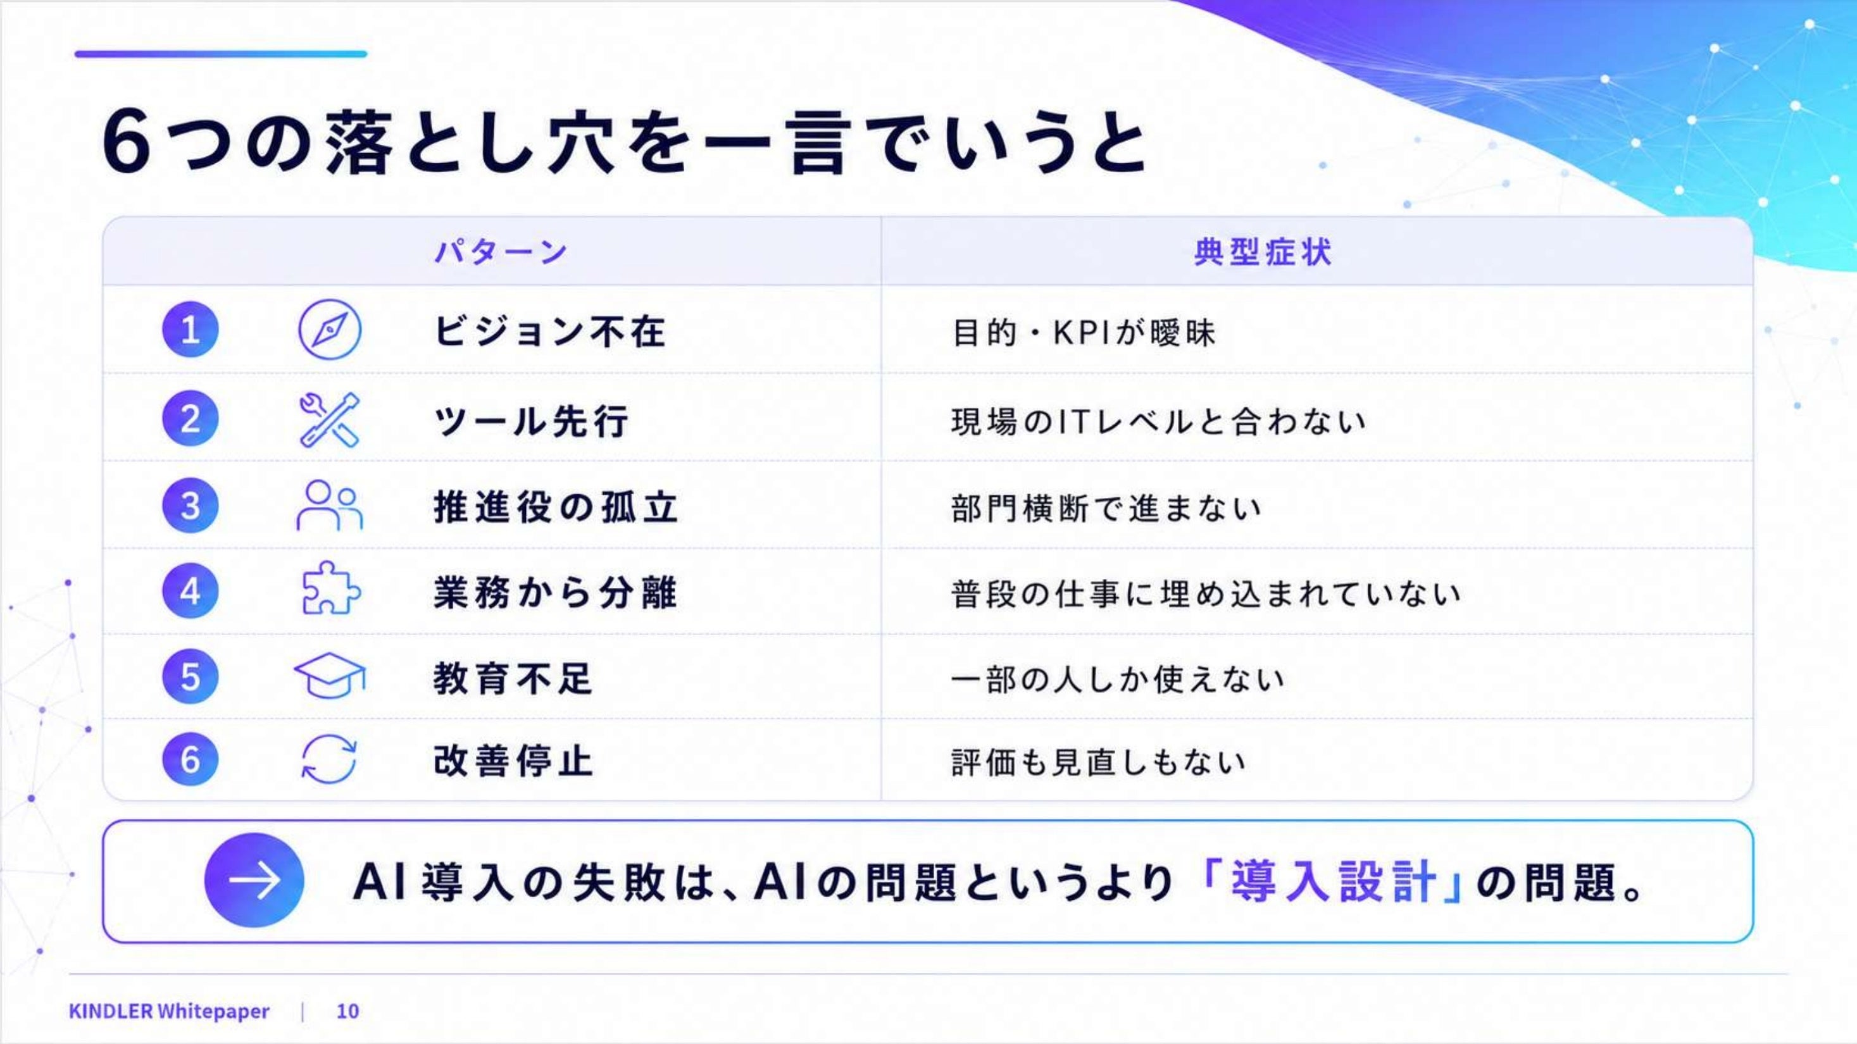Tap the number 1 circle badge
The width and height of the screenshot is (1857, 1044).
191,329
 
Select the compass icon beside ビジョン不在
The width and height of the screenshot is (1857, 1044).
330,329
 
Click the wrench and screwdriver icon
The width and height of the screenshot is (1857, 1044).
330,419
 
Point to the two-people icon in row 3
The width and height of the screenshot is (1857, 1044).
330,505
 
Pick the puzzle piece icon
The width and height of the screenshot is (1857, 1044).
330,588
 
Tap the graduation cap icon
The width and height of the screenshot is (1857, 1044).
330,675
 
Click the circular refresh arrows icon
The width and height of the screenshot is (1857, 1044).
328,759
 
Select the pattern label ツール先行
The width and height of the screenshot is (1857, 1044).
531,421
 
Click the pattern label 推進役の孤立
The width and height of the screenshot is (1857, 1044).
556,507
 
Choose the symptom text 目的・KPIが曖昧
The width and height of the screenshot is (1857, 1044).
1084,332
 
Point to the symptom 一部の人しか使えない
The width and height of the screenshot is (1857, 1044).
1117,680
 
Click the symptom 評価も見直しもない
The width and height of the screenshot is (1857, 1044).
1099,762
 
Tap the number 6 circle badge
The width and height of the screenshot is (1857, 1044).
191,759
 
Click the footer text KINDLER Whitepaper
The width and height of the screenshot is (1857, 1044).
169,1011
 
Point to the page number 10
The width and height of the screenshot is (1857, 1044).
347,1011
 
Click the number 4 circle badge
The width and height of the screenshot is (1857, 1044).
191,591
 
